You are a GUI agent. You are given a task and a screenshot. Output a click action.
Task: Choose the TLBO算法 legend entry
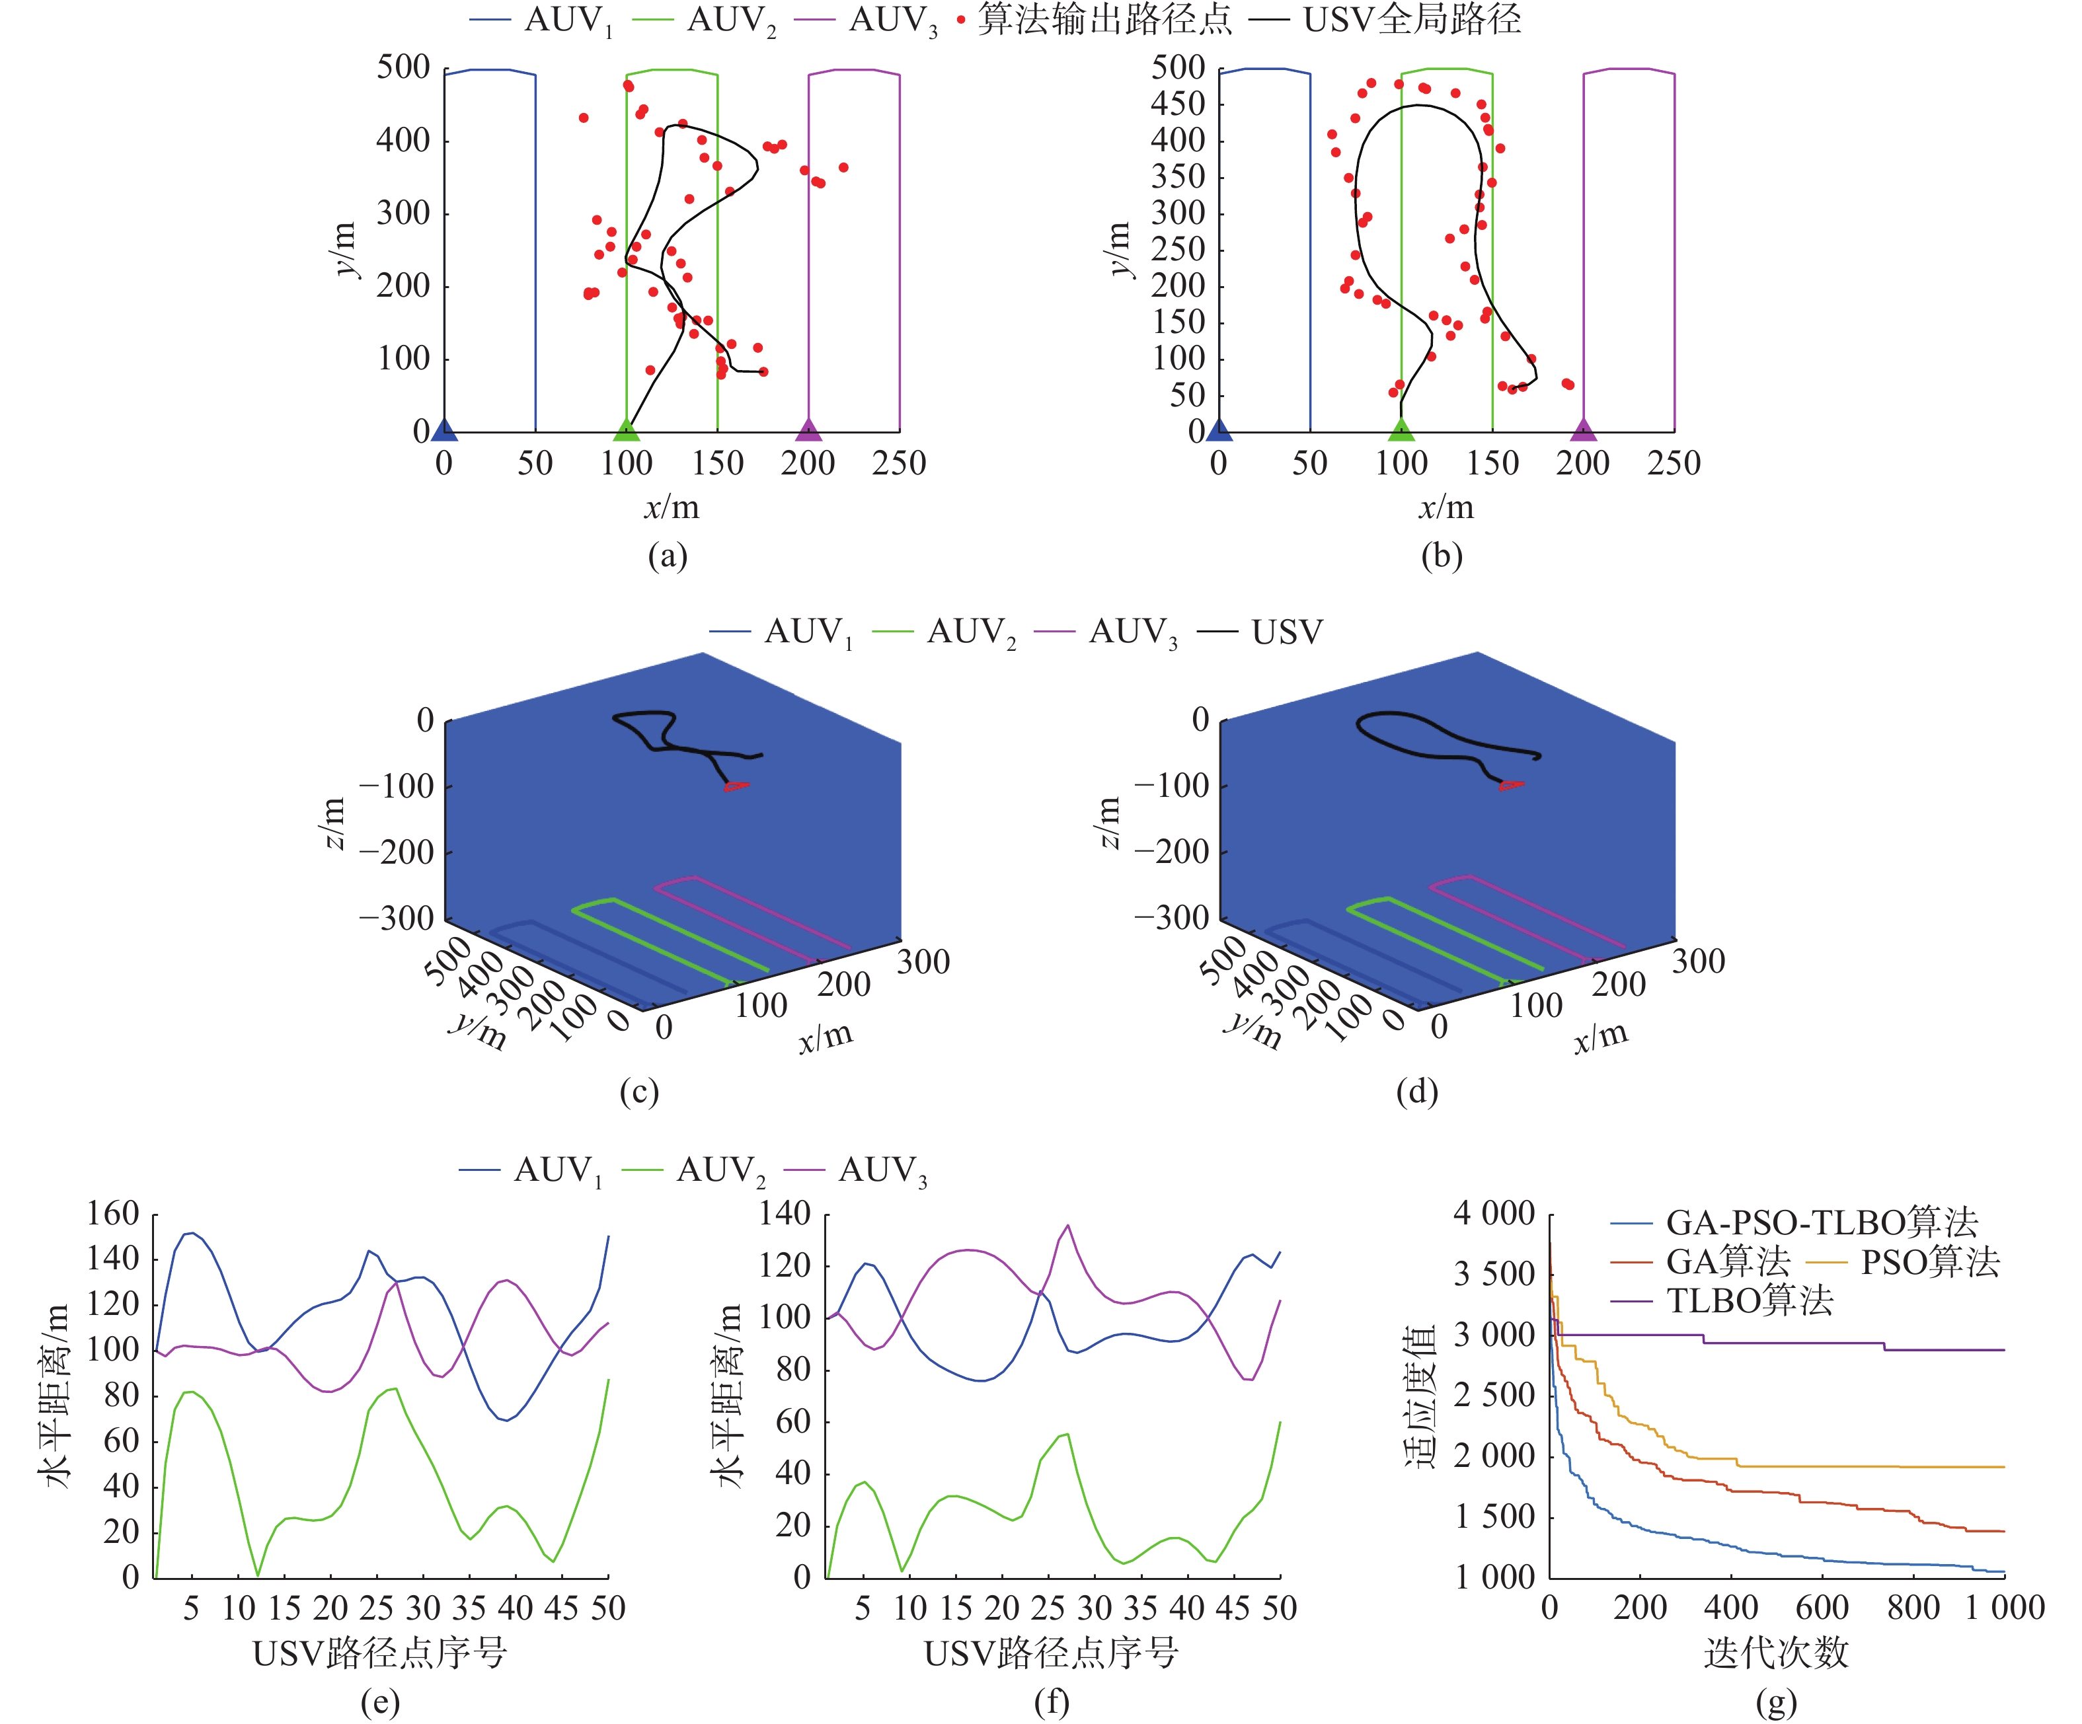point(1750,1300)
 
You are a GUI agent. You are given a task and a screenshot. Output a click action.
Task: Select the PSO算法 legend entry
point(1929,1261)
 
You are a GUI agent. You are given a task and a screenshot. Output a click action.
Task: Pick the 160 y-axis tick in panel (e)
point(112,1213)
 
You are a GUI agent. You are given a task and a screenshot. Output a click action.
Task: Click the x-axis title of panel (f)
point(1051,1653)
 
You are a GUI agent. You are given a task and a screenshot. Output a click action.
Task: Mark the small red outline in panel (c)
point(735,786)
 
